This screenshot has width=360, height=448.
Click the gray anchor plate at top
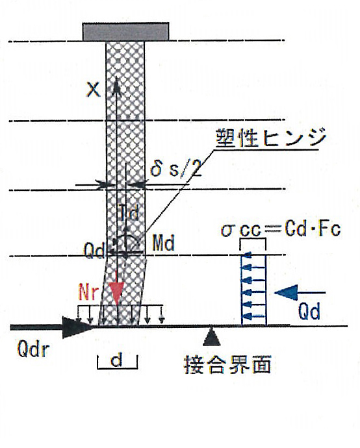pos(125,32)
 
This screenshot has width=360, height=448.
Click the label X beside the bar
pos(93,89)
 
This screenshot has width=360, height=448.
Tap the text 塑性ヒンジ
pos(270,138)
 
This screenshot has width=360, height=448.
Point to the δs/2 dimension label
pos(175,168)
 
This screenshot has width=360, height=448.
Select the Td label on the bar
pos(129,212)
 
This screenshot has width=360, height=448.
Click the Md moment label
pos(163,243)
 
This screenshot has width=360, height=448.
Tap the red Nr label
pos(88,292)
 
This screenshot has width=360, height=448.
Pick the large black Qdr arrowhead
pos(77,327)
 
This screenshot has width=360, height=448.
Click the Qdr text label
pos(33,349)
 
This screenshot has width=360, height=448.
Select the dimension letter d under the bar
pos(117,360)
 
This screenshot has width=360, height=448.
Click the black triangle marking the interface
pos(212,336)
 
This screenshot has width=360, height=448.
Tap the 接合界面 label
pos(227,364)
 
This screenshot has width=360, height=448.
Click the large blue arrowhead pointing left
pos(286,293)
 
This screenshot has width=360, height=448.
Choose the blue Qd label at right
pos(309,312)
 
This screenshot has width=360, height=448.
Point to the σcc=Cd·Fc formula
pos(281,230)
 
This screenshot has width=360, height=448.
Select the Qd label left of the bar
pos(94,251)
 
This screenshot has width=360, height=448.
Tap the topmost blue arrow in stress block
pos(253,255)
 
